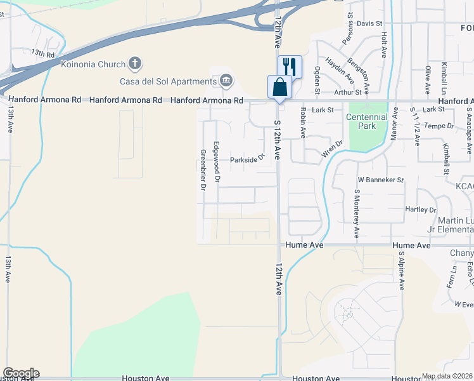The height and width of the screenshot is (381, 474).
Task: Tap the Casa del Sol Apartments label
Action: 168,81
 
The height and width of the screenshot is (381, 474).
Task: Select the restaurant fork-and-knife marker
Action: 289,67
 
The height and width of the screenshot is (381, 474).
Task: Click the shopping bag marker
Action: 279,87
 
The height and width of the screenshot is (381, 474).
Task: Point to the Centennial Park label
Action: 366,121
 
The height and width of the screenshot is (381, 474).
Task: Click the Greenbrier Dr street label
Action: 203,170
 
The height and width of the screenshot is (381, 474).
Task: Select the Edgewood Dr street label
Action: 217,163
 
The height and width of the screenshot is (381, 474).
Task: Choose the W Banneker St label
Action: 380,180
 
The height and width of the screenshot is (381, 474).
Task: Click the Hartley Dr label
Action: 421,210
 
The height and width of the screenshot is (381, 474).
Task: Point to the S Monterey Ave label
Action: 357,213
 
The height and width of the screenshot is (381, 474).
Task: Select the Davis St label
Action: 369,23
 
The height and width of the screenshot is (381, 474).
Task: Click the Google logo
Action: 21,373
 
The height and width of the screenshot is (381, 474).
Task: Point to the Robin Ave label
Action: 304,123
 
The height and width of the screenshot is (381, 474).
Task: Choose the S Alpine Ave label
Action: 401,270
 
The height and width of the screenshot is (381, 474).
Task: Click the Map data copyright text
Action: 447,376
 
